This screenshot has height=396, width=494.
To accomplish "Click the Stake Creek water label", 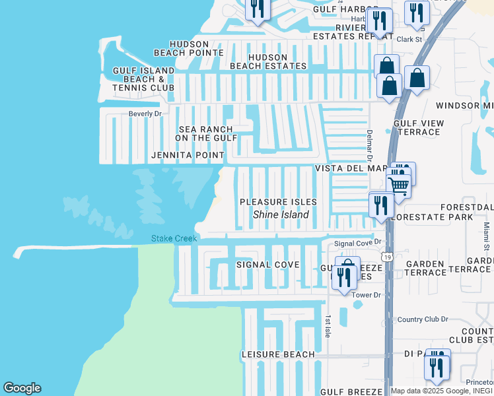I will click(174, 238).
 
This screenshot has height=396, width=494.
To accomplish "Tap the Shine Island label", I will click(281, 214).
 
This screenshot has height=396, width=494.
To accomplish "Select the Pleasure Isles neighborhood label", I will click(278, 202).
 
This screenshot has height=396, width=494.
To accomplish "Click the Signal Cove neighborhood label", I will click(268, 265).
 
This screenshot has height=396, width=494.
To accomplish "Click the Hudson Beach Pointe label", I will click(189, 48).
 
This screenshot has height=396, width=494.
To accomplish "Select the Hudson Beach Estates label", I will click(268, 61).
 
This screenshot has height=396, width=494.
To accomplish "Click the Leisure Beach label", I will click(278, 354).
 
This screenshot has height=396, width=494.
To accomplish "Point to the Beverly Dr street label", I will click(145, 114).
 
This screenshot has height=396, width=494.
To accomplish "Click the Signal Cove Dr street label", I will click(358, 243).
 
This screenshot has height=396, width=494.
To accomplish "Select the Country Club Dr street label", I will click(423, 319).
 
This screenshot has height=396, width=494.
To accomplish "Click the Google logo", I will click(22, 388).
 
